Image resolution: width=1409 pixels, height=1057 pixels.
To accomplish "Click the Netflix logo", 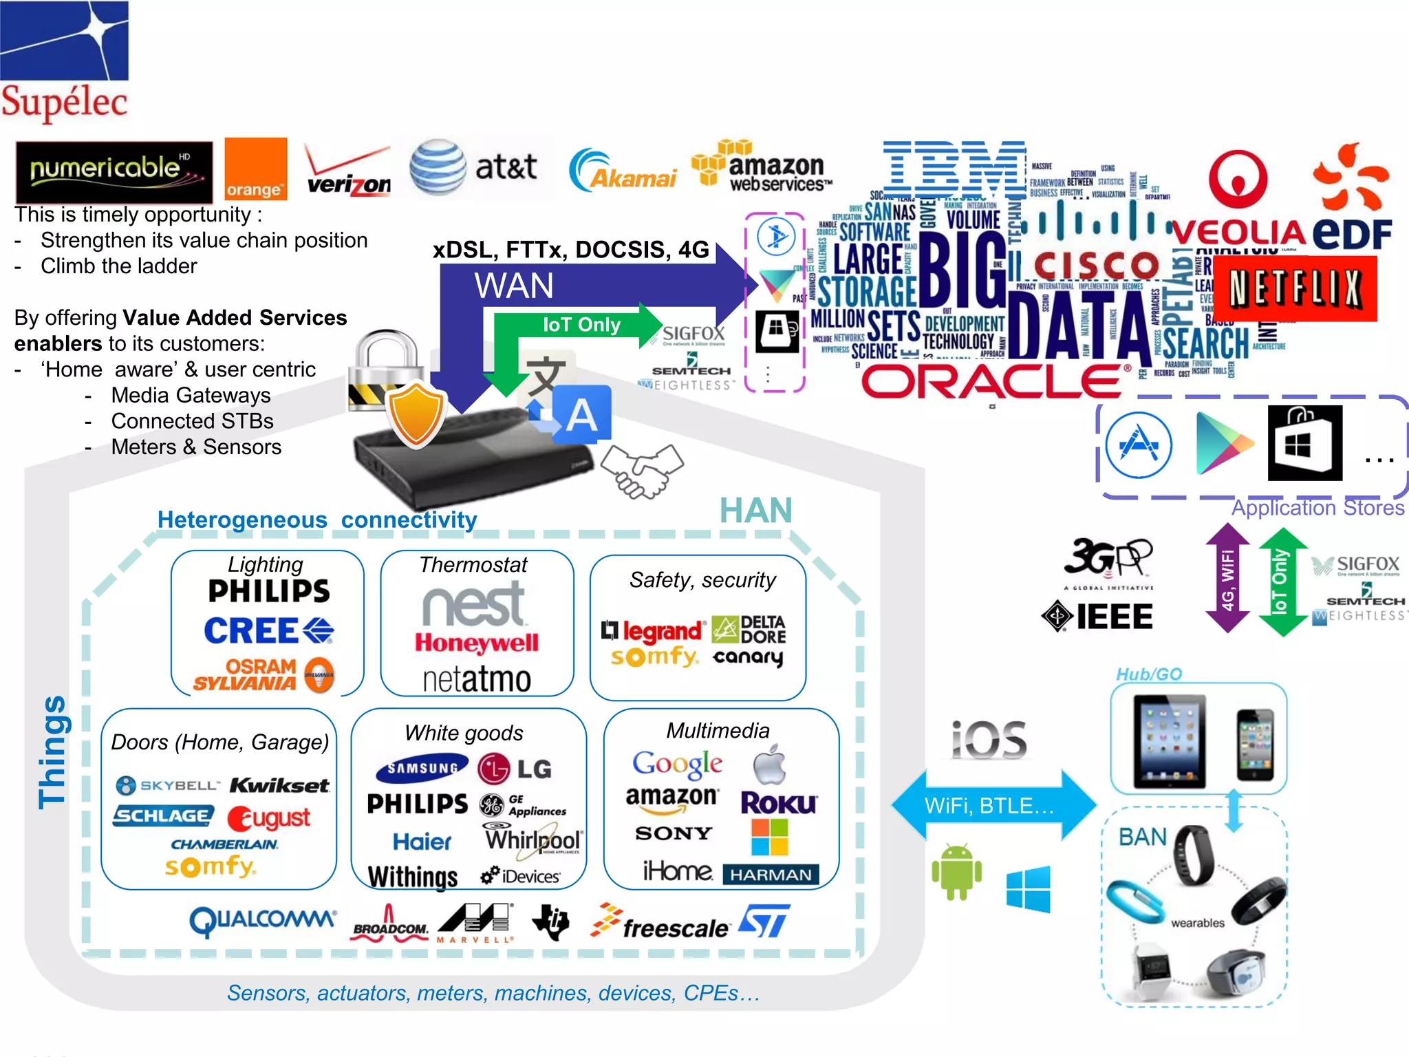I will [1295, 288].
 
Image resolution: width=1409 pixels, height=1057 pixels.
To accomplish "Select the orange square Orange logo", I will [255, 169].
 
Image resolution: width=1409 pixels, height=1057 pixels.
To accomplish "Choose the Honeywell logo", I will [477, 643].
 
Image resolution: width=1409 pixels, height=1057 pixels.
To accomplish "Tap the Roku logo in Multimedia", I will [779, 802].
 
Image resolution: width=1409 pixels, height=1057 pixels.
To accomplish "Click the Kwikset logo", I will [279, 785].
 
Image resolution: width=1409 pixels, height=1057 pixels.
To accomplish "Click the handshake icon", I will [642, 470].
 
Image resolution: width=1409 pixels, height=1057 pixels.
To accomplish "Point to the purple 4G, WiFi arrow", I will [1227, 578].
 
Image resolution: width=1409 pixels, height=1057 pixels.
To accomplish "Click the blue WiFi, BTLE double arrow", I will [993, 805].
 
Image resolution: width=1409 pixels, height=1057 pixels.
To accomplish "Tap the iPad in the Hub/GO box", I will [1170, 741].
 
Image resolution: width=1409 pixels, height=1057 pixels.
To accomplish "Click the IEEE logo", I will [1097, 616].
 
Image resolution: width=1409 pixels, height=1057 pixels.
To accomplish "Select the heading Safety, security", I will [702, 580].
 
